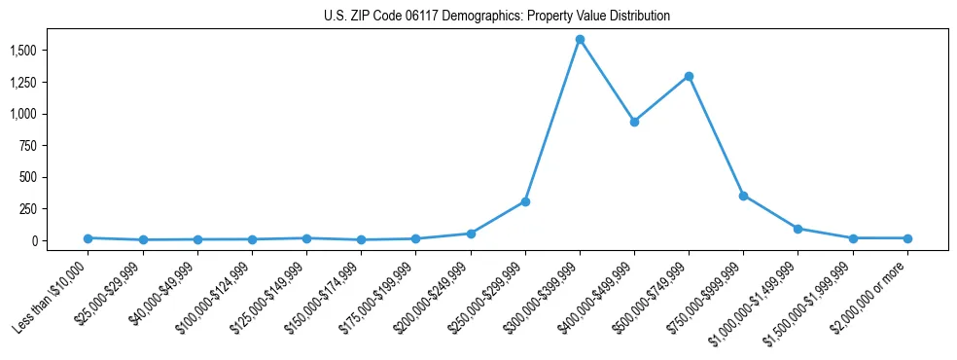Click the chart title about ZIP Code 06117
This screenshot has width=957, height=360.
point(497,17)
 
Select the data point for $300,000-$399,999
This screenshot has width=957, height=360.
point(580,40)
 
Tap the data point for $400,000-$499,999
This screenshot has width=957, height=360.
point(634,122)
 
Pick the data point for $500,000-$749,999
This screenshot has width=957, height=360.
point(689,76)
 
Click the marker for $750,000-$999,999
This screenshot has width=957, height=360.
point(743,196)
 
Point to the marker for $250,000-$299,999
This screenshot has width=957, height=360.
point(525,201)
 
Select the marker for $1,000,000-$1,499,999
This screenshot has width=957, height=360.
point(797,229)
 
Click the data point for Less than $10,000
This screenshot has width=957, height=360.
point(89,238)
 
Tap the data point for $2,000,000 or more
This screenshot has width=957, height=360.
point(907,238)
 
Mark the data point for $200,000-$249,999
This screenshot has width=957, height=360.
point(471,234)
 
